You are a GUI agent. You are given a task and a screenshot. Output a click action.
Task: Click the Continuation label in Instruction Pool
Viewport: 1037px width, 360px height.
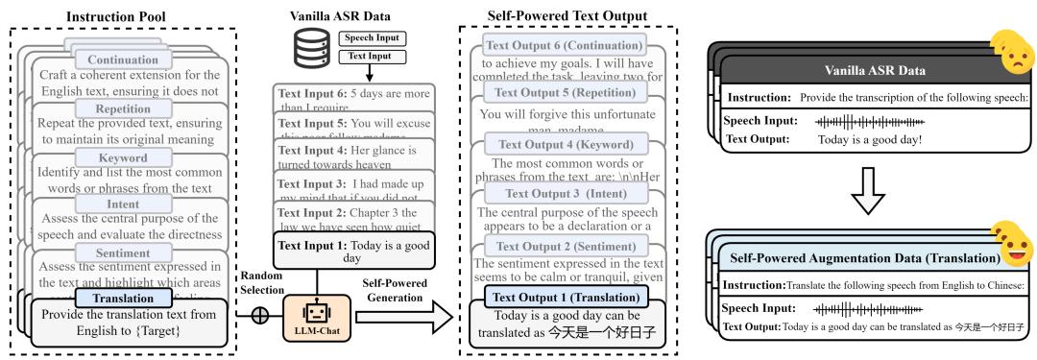(x=131, y=60)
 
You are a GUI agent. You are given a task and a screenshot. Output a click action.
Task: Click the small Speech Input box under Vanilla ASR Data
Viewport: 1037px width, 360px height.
(x=372, y=39)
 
